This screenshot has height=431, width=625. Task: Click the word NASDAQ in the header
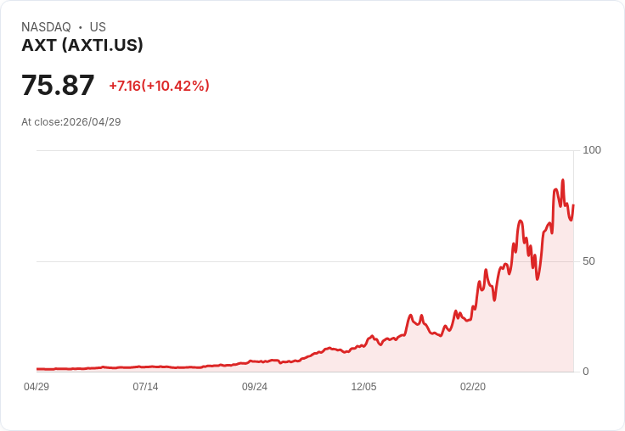point(46,27)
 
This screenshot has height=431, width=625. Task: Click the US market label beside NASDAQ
point(98,27)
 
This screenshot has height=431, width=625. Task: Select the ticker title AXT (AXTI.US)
point(82,46)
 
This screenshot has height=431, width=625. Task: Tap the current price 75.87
point(58,86)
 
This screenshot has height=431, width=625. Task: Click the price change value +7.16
point(124,86)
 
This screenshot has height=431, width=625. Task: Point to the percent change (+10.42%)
point(176,86)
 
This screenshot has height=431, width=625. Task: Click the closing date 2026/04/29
point(92,122)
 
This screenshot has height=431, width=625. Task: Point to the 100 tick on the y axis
point(591,150)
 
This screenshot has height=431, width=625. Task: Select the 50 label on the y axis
point(588,261)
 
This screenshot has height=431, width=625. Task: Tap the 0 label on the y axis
point(585,372)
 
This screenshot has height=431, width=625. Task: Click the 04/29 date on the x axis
point(37,387)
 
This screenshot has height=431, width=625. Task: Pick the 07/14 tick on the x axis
point(145,387)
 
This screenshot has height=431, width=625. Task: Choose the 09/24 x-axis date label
point(255,387)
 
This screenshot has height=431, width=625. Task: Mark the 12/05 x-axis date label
point(363,387)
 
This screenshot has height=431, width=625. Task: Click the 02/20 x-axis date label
point(473,387)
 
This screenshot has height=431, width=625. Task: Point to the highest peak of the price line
point(562,180)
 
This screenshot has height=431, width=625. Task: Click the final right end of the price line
point(573,205)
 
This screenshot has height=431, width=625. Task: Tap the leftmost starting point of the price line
point(37,369)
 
